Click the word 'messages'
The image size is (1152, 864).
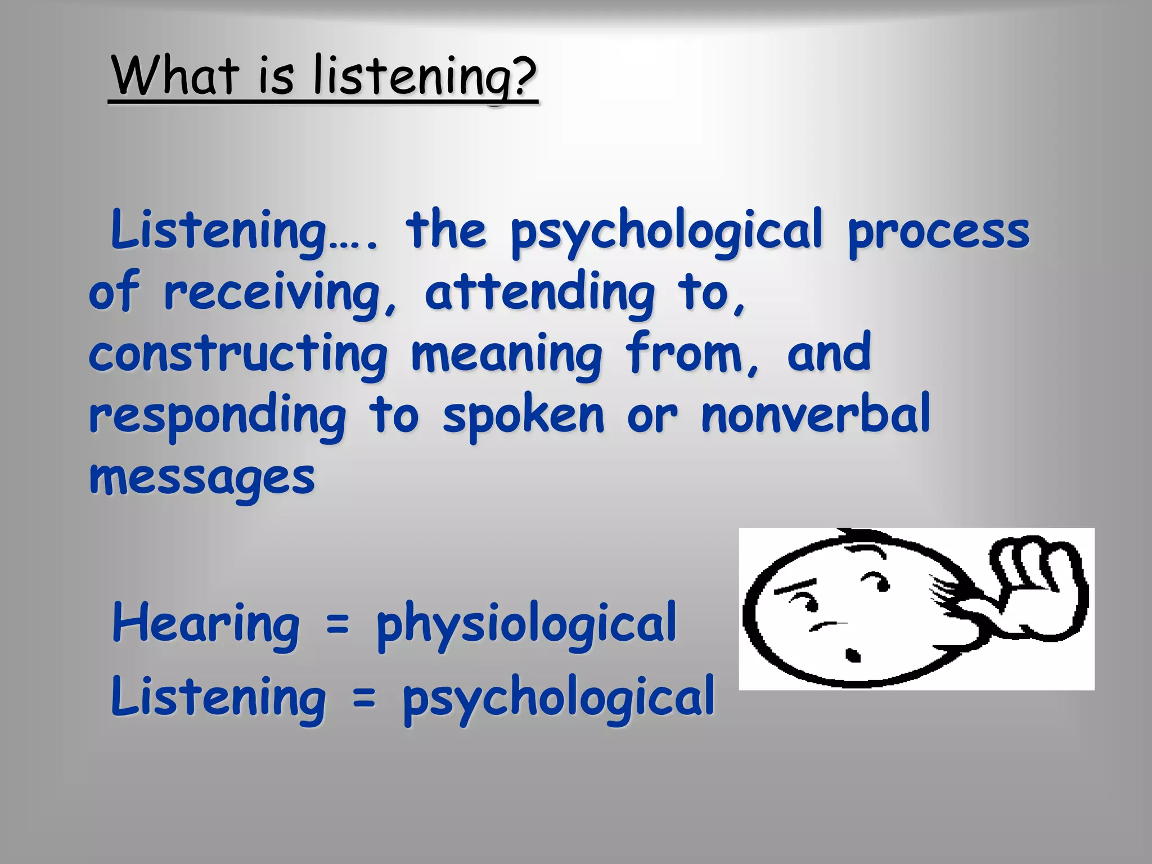202,478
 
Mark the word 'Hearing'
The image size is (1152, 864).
206,624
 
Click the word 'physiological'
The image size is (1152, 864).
526,624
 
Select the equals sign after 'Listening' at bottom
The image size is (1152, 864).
364,698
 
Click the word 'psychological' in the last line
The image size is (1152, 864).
559,698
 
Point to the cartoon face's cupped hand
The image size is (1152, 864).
1041,585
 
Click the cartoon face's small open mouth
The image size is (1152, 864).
853,655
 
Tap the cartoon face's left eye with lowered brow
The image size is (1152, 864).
811,604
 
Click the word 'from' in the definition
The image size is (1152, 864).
692,354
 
